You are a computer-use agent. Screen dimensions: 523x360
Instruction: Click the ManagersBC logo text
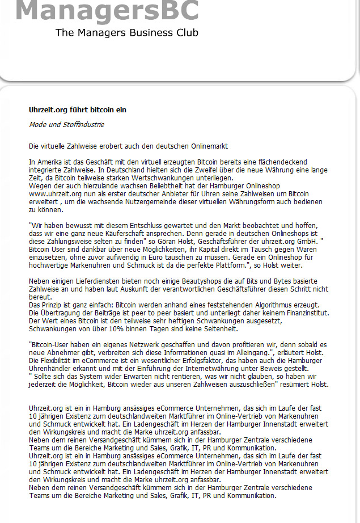pos(107,10)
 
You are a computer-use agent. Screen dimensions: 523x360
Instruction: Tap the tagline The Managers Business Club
pos(127,33)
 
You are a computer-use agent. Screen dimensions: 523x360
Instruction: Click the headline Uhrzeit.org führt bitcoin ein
pos(78,109)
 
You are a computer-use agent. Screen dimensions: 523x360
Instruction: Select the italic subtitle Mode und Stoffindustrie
pos(66,125)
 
